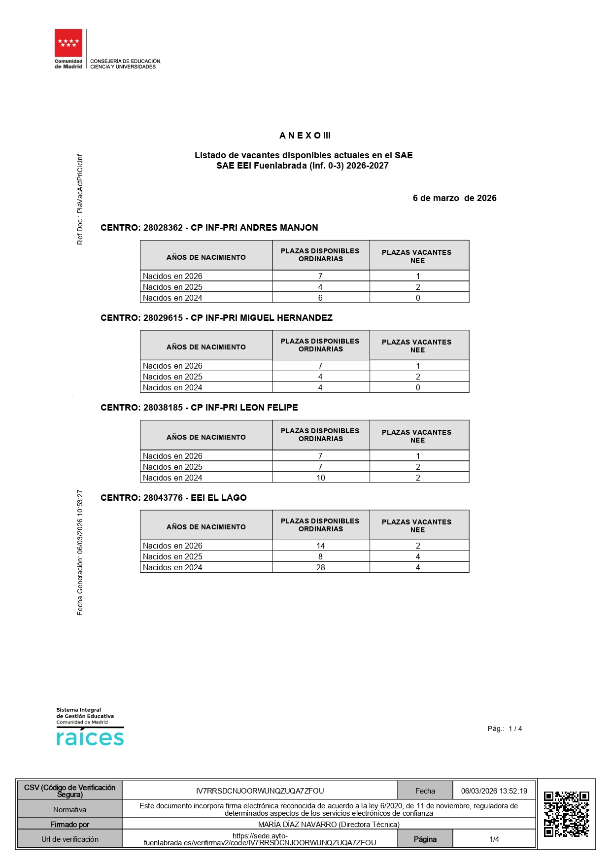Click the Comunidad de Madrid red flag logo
(x=68, y=43)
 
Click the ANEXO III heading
(x=305, y=136)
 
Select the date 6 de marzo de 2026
(x=454, y=198)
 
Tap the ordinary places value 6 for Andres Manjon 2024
(x=320, y=298)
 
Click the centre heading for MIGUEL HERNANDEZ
(x=216, y=318)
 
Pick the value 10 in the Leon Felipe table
(x=321, y=478)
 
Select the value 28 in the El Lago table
(x=321, y=567)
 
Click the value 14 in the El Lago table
(x=321, y=546)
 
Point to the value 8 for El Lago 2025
(x=320, y=556)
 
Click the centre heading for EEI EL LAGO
(x=173, y=498)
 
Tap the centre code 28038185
(x=163, y=408)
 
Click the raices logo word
(x=90, y=738)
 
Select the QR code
(x=566, y=814)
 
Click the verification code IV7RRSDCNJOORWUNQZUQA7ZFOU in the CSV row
(x=260, y=791)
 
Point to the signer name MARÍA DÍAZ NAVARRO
(x=329, y=824)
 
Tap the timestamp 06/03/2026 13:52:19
(x=494, y=791)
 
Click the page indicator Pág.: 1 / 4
(x=505, y=728)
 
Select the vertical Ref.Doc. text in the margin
(x=80, y=200)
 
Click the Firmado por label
(x=69, y=824)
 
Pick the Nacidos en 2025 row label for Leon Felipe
(x=172, y=467)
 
